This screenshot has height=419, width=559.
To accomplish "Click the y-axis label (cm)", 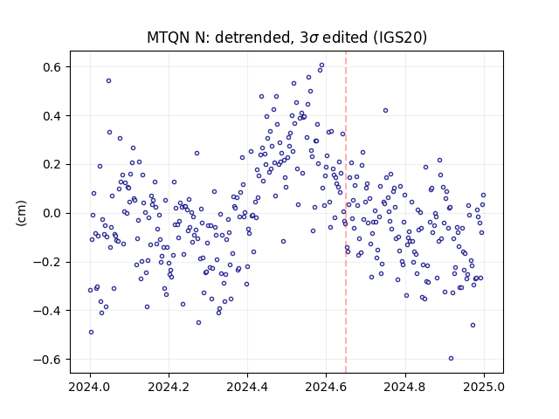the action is click(21, 213).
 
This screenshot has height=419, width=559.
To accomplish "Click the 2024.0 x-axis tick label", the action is click(90, 387).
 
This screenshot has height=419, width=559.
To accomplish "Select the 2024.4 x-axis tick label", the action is click(247, 387).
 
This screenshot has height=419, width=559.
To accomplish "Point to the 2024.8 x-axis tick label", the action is click(405, 387).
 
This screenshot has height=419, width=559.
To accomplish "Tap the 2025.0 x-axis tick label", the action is click(484, 387).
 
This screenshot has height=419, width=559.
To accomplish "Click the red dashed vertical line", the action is click(346, 212).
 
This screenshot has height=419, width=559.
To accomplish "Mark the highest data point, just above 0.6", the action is click(322, 65).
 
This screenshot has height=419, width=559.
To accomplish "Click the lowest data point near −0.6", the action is click(451, 359).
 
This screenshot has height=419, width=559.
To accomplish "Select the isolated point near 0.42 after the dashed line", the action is click(385, 111).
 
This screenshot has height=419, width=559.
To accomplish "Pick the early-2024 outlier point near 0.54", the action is click(108, 81).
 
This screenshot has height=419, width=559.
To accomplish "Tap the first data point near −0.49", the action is click(91, 332).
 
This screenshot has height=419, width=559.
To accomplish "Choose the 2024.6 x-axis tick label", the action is click(326, 387).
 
